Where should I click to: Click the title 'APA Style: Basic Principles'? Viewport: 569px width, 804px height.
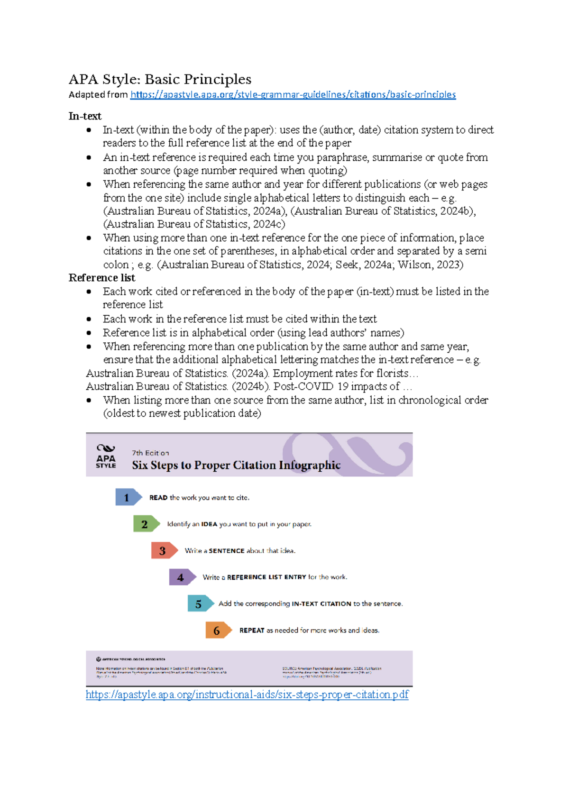160,79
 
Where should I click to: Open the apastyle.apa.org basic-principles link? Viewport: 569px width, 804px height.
293,94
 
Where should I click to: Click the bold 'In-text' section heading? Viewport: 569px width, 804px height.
85,116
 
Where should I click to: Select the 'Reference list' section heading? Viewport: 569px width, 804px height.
102,278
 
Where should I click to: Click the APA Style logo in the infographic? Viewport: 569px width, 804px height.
106,456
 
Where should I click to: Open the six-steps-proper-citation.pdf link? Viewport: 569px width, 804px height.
247,694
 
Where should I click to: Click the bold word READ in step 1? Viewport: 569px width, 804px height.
158,498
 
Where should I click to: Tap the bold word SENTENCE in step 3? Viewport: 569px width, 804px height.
227,551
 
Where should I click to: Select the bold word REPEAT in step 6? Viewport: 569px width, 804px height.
252,630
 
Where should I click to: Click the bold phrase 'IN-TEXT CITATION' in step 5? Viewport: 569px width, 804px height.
321,604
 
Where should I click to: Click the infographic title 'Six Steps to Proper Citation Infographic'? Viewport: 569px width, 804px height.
236,465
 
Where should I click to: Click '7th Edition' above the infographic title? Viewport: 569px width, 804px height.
150,453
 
